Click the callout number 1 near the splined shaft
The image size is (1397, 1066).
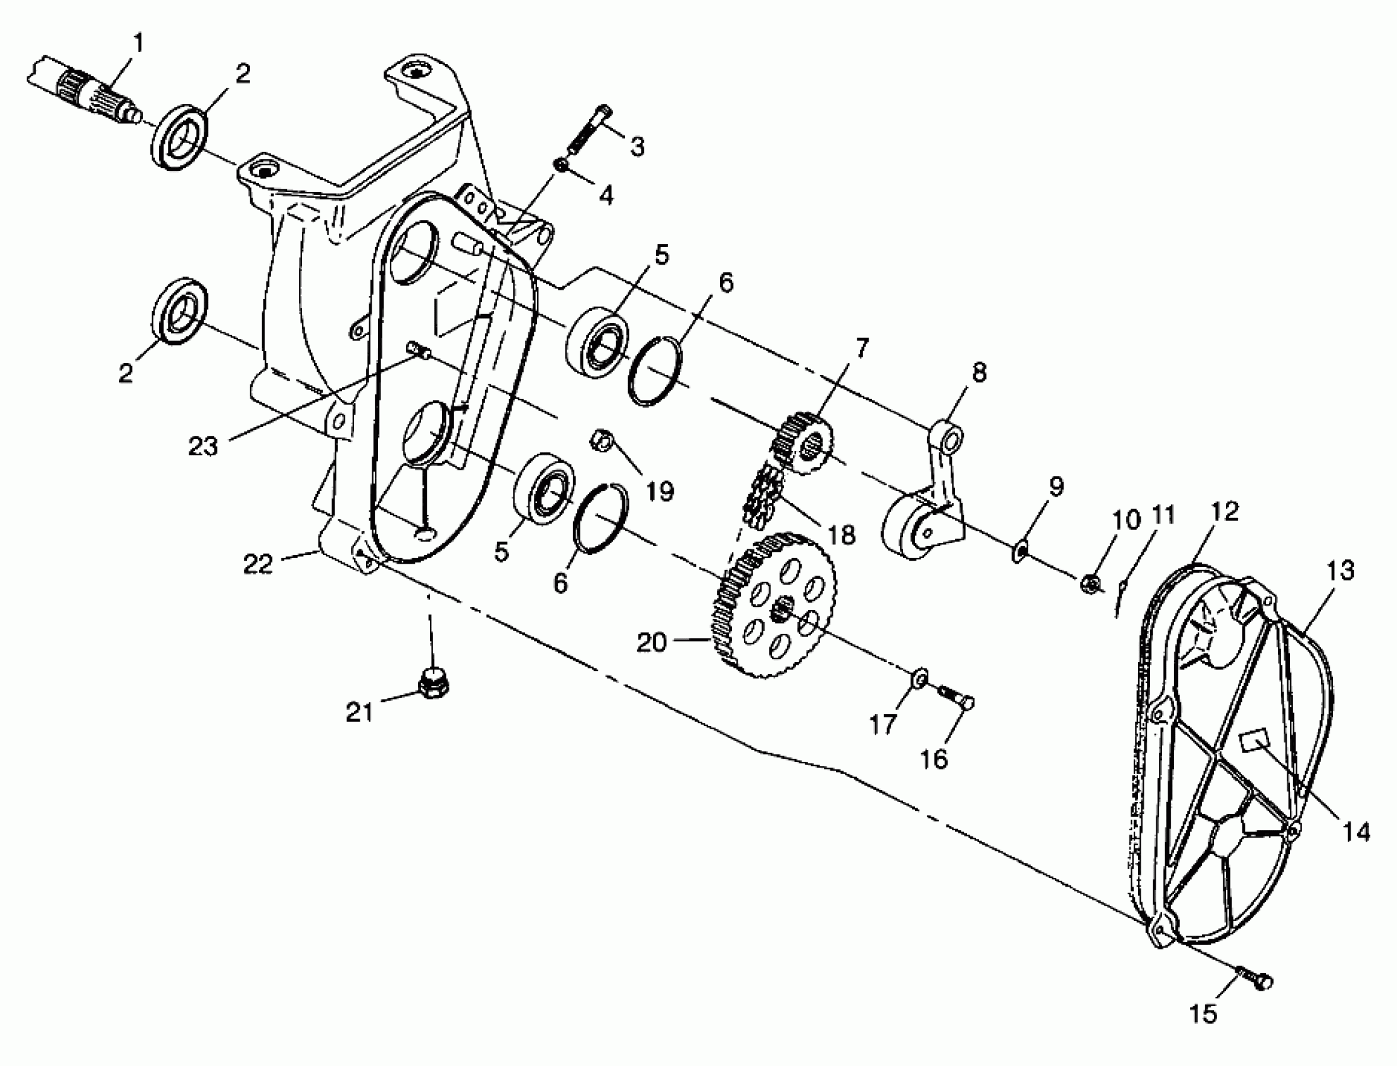click(138, 43)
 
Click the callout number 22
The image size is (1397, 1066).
click(258, 564)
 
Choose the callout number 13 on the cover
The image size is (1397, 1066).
click(1340, 571)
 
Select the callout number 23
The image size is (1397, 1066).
click(203, 446)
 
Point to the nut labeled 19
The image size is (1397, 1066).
click(601, 439)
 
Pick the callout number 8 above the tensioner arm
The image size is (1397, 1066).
click(979, 372)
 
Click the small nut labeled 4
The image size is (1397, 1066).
click(562, 165)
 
